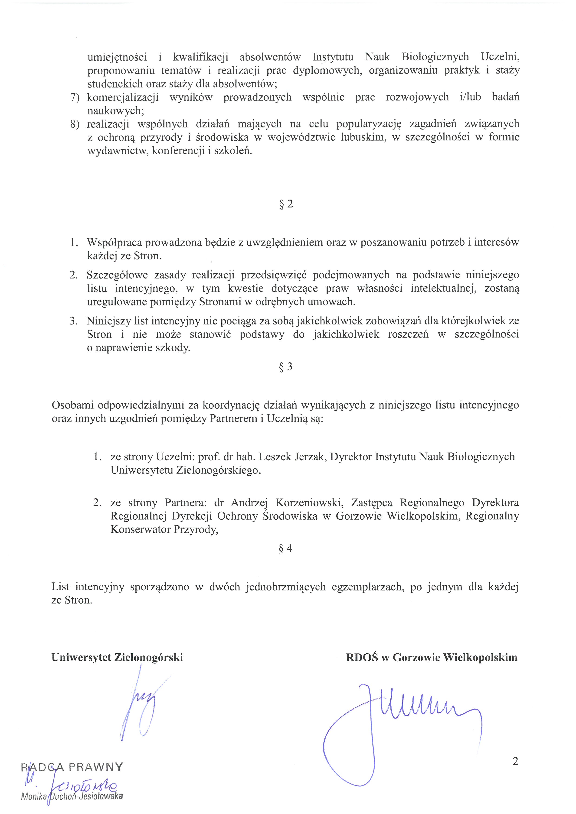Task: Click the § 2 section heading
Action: pos(286,204)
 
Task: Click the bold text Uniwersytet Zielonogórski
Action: pos(117,657)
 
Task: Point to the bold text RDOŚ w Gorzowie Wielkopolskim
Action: pos(432,657)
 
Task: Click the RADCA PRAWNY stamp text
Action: pos(72,767)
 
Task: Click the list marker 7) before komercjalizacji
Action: pos(75,97)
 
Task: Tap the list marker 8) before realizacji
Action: pos(75,124)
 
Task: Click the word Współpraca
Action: pos(114,243)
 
